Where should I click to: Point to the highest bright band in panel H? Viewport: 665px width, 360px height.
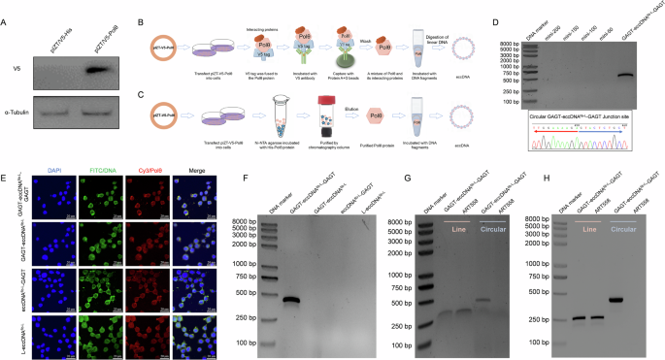click(x=615, y=298)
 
